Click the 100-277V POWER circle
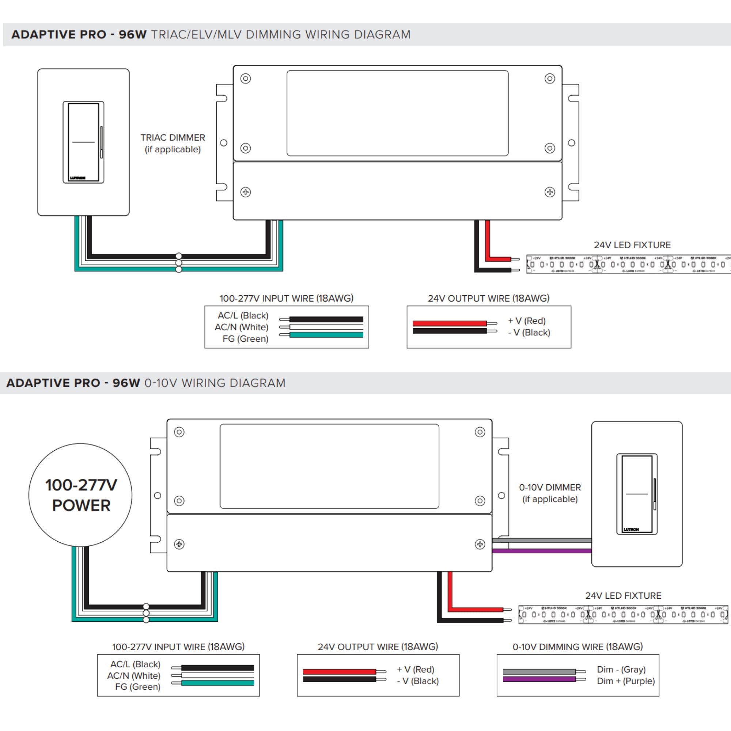point(80,495)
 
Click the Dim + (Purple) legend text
point(625,681)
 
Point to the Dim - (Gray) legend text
point(621,669)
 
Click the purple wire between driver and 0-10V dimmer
point(541,551)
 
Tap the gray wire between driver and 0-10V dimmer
point(541,540)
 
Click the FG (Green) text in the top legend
point(245,339)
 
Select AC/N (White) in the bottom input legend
point(133,676)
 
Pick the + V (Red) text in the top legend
point(527,321)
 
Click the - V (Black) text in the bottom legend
point(418,681)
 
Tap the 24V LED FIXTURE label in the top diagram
point(632,245)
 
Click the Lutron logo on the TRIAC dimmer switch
point(77,178)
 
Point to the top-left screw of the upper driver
point(246,79)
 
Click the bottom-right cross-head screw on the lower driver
point(480,544)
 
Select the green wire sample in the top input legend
point(326,335)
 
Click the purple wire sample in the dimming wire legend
point(539,679)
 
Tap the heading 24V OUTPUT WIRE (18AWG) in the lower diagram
point(378,647)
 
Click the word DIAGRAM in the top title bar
point(382,34)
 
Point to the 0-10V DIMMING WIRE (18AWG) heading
point(577,647)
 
